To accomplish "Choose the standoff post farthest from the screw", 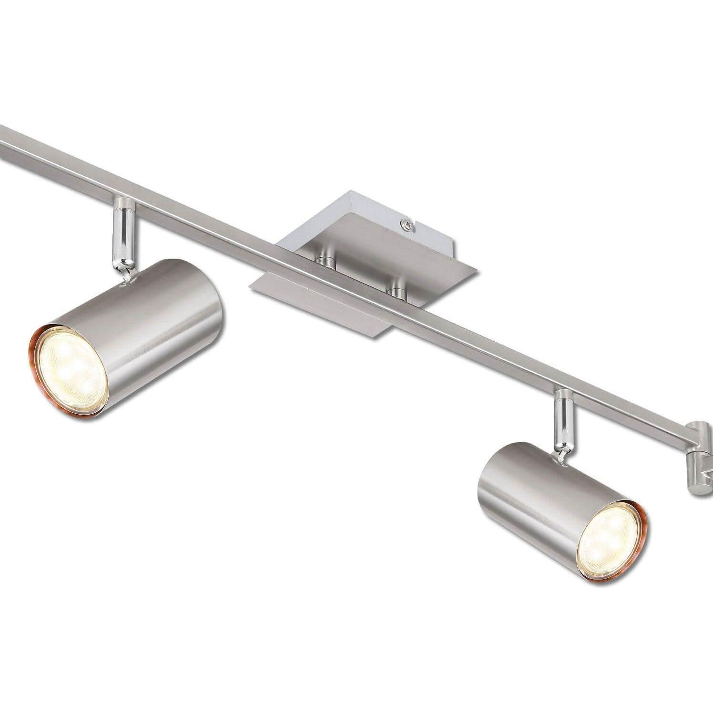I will pyautogui.click(x=326, y=259).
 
